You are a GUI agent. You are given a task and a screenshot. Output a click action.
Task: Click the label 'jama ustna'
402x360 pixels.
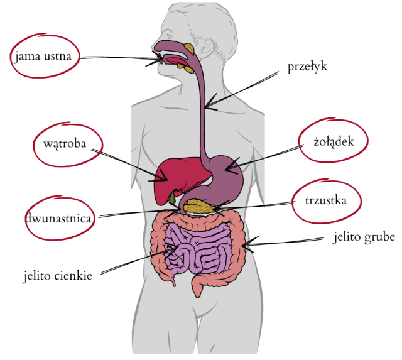(x=43, y=56)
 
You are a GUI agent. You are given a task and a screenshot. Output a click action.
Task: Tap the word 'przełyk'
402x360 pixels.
(x=307, y=67)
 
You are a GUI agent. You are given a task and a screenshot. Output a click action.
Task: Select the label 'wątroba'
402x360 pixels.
(x=65, y=144)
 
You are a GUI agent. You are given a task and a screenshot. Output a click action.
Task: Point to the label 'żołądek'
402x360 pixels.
(x=334, y=141)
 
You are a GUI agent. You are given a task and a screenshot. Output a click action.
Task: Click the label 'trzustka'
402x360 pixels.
(x=325, y=200)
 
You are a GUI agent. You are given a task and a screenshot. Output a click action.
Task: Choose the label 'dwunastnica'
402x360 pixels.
(x=58, y=219)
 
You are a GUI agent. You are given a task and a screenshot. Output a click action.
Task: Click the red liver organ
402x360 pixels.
(x=180, y=180)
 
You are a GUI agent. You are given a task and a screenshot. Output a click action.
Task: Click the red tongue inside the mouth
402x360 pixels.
(x=177, y=62)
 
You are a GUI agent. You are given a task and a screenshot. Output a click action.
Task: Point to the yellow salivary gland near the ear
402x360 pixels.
(x=189, y=48)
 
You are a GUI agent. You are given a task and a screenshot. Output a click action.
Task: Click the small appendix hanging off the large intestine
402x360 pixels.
(x=173, y=281)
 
